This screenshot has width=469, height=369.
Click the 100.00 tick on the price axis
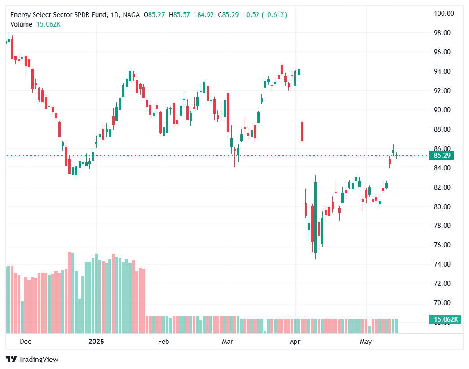(442, 13)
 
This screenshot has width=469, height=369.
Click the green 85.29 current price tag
(442, 156)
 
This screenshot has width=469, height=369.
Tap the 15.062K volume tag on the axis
(445, 320)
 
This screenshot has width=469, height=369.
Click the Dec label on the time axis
(26, 342)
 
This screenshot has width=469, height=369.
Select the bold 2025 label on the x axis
(96, 342)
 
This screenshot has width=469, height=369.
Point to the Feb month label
(164, 342)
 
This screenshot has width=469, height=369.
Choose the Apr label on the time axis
(295, 342)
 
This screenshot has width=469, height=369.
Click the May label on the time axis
(366, 342)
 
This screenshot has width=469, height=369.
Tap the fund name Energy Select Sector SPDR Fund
(58, 15)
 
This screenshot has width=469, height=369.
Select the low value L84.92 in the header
(203, 15)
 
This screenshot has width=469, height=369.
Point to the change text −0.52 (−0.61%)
(265, 15)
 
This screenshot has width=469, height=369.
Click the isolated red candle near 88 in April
(302, 131)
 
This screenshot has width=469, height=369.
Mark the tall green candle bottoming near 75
(316, 216)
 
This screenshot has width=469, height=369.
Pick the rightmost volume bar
(396, 326)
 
